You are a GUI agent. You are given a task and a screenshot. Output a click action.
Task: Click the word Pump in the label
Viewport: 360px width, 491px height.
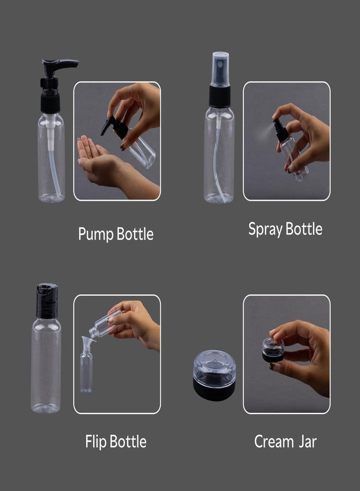(96, 235)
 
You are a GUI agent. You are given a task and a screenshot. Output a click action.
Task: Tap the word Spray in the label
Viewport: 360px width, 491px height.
(266, 230)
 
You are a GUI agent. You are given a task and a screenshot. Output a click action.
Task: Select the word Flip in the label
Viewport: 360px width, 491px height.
(96, 442)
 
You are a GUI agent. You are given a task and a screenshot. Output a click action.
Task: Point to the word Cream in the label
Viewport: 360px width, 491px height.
(274, 441)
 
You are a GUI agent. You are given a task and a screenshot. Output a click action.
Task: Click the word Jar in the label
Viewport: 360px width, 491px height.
(308, 441)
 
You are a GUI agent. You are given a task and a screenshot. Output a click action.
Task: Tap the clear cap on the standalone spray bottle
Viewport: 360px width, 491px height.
(220, 69)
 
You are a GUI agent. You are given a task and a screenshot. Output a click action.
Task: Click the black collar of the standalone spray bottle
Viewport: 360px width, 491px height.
(220, 96)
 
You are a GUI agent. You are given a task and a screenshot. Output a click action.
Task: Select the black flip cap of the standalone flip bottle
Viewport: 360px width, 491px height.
(47, 301)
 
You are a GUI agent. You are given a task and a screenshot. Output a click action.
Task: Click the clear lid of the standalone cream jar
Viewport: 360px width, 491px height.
(214, 365)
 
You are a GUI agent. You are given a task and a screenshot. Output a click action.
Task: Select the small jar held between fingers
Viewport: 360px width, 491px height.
(273, 350)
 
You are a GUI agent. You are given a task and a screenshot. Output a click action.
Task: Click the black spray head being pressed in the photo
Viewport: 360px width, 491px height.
(280, 130)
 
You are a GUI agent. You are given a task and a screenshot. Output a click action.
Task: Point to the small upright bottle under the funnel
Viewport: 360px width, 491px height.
(86, 372)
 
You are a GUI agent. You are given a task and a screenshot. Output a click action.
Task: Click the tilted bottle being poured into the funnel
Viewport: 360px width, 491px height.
(104, 323)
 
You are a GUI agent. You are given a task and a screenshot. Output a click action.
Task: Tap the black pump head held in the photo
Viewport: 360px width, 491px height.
(115, 127)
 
